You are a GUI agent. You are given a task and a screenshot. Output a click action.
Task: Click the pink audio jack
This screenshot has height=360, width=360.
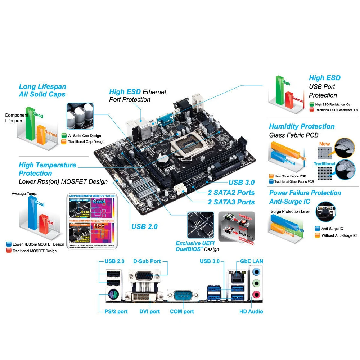(x=256, y=295)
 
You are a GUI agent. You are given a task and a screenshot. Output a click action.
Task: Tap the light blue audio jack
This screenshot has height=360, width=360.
(x=256, y=270)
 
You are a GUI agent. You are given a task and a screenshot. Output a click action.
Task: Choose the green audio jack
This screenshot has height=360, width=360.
(x=256, y=283)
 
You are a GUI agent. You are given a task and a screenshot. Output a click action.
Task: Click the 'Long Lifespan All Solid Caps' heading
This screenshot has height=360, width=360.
(x=42, y=90)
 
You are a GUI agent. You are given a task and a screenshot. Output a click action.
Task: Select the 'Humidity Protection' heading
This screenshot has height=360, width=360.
(x=302, y=126)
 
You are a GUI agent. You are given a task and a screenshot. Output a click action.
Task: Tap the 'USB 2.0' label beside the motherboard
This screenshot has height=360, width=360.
(x=144, y=226)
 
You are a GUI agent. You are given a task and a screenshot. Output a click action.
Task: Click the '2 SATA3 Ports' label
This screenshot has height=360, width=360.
(x=231, y=202)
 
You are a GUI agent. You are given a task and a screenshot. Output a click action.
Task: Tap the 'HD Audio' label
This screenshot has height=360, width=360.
(x=251, y=311)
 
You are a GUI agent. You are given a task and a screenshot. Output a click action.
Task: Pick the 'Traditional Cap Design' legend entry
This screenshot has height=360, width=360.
(x=86, y=141)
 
